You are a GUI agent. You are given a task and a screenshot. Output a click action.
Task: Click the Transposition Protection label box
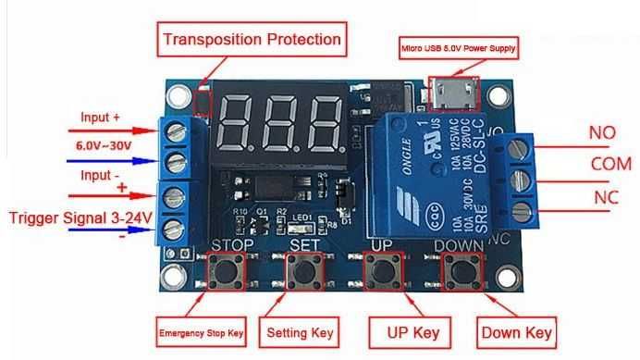click(252, 40)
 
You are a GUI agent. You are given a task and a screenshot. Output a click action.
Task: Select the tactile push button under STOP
click(225, 272)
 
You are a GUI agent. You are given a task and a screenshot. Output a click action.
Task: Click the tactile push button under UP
click(383, 272)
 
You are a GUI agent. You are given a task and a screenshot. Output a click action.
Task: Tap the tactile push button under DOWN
click(460, 272)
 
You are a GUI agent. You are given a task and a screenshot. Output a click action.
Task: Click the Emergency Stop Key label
click(201, 331)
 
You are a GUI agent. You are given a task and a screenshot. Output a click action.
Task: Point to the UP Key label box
click(405, 331)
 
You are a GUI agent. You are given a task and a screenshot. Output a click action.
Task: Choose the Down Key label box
click(517, 331)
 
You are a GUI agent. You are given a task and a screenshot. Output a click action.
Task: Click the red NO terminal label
click(602, 132)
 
